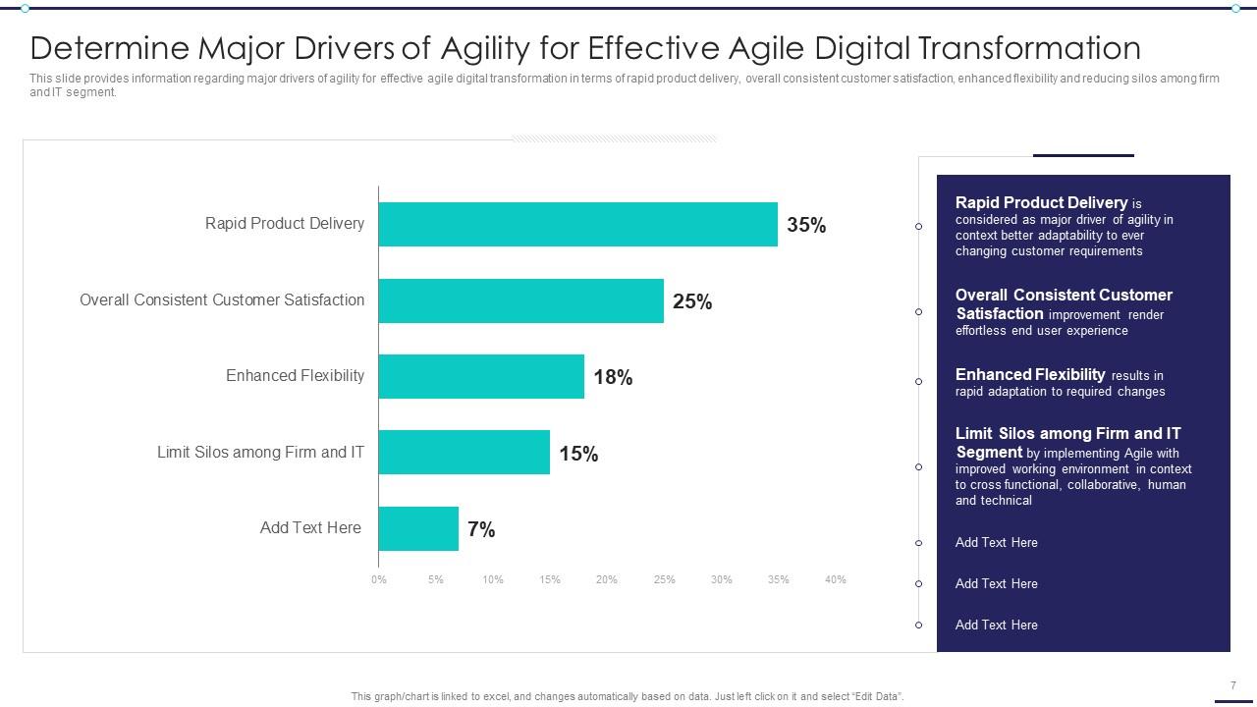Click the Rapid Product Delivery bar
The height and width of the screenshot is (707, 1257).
tap(577, 225)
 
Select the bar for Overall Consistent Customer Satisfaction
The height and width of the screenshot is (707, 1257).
tap(520, 300)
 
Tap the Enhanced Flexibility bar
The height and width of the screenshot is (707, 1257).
tap(481, 377)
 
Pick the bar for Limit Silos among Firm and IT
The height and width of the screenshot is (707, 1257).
tap(464, 453)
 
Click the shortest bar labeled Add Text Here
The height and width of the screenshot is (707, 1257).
tap(418, 528)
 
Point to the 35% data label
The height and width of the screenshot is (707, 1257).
tap(806, 225)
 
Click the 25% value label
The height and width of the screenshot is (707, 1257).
tap(692, 301)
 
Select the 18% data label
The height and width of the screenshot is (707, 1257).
tap(613, 377)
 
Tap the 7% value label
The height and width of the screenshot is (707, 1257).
tap(481, 529)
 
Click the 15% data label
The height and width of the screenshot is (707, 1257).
tap(578, 454)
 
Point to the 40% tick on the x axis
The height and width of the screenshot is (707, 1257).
tap(835, 579)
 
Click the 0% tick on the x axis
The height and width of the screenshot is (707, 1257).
tap(379, 579)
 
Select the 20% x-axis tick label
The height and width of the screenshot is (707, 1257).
tap(607, 579)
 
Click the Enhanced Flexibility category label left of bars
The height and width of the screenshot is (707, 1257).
tap(295, 376)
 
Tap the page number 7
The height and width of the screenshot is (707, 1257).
tap(1232, 685)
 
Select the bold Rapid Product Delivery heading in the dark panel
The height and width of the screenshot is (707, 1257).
tap(1041, 203)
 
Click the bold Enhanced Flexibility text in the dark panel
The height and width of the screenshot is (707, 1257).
tap(1030, 374)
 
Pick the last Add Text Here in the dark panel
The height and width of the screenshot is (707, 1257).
tap(996, 625)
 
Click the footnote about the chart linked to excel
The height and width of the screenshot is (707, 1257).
tap(628, 696)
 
